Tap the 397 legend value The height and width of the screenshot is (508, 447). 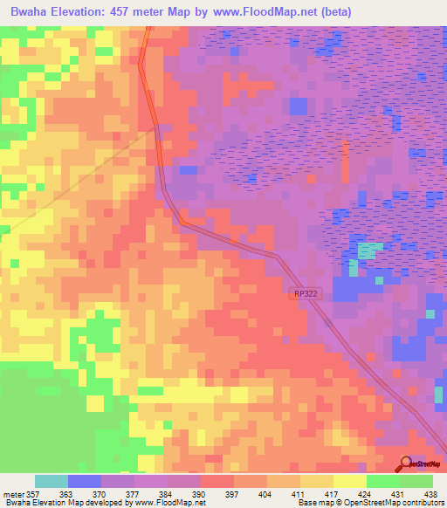(x=233, y=494)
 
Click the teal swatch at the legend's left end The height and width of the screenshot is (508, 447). (x=52, y=481)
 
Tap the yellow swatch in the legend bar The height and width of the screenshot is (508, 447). (x=349, y=481)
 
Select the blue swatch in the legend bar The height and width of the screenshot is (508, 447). (x=85, y=481)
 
